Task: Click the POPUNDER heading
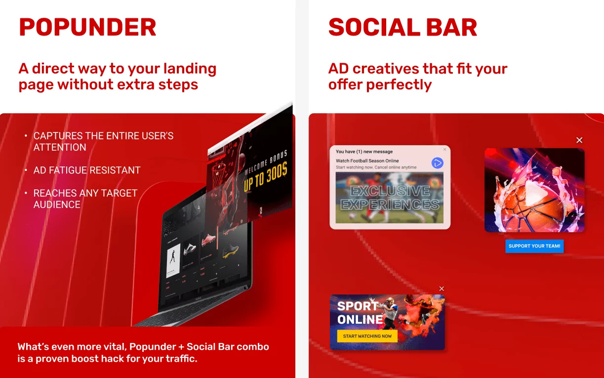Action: [87, 27]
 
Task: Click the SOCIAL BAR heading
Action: [403, 27]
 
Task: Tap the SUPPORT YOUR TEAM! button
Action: [534, 246]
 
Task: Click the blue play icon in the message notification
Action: [437, 163]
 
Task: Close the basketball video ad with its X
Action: [579, 140]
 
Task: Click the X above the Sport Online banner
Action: [442, 289]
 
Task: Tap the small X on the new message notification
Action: [444, 149]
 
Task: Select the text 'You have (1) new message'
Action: [364, 152]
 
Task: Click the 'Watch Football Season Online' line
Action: [367, 161]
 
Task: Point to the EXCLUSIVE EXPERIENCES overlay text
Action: [390, 198]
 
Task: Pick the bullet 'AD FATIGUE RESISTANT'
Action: [87, 170]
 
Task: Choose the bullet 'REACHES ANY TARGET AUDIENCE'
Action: [85, 199]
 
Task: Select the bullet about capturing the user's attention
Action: [103, 141]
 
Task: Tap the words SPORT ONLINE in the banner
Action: [360, 313]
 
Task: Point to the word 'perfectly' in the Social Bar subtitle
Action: [402, 84]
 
